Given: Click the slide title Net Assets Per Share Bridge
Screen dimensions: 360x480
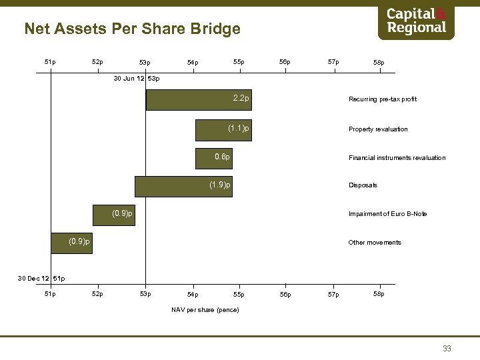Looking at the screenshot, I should pos(132,29).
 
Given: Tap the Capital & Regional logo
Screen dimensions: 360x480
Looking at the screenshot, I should pos(416,22).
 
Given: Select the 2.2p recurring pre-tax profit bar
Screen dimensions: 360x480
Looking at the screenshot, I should pos(199,100).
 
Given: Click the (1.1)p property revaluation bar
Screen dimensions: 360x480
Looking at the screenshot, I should pos(224,129).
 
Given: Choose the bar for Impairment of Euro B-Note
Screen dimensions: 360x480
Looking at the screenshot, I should pos(113,214).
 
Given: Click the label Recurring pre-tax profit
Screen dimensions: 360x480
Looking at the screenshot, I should pos(382,99).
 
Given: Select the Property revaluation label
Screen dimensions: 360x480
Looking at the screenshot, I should pos(377,129).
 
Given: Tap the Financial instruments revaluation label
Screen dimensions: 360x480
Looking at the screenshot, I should pos(397,158).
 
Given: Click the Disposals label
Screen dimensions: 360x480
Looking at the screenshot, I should pos(363,185).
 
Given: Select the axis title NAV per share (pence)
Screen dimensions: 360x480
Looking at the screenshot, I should pos(205,310).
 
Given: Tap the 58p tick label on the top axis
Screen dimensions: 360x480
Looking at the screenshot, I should pos(379,63).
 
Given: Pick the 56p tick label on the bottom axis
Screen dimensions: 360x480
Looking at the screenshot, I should pos(285,294).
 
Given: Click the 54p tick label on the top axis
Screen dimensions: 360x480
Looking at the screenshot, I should pos(192,63).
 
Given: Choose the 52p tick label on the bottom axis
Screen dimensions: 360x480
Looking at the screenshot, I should pos(97,294).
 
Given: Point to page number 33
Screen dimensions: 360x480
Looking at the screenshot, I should pos(447,348).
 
